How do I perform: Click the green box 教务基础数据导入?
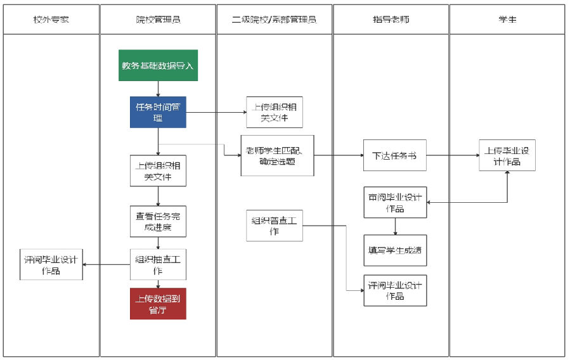[158, 65]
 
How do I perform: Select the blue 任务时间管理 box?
[158, 112]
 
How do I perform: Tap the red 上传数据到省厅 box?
[158, 304]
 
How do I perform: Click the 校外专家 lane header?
[51, 19]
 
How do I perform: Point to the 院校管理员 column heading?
[158, 19]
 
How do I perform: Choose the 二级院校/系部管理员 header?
[274, 19]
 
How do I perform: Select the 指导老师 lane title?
[391, 19]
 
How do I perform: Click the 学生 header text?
[507, 19]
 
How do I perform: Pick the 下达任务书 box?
[394, 155]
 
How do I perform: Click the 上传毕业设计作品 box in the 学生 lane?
[507, 155]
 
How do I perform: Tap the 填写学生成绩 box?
[394, 250]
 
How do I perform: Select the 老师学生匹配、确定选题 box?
[277, 155]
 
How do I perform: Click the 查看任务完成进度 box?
[158, 221]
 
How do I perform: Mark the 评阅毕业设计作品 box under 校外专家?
[51, 264]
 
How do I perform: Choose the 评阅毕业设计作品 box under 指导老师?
[394, 290]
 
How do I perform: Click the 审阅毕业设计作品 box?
[394, 202]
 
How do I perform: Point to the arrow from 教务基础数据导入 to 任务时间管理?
[158, 89]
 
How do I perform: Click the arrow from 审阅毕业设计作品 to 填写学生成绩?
[395, 226]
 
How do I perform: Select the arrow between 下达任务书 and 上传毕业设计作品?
[452, 155]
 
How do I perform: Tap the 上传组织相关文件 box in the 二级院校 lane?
[274, 112]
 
